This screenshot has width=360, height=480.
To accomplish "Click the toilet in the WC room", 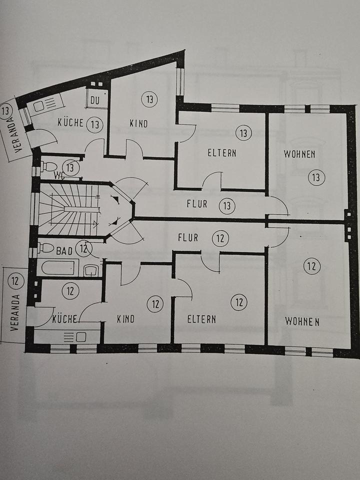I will point(48,166).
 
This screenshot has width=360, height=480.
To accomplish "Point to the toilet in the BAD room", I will point(45,247).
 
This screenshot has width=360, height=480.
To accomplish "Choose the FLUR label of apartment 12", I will point(187,238).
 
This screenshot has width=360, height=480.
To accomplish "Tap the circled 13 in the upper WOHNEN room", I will point(316,177).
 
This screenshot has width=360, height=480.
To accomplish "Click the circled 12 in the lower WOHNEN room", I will point(311,266).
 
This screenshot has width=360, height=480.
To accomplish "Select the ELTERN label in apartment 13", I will point(222,153).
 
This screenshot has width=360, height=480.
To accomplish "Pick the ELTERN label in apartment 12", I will point(201,319).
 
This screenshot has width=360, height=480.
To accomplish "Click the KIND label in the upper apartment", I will point(138,123).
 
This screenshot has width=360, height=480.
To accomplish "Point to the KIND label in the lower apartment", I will point(125,319).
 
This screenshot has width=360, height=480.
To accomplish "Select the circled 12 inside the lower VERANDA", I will point(15,280).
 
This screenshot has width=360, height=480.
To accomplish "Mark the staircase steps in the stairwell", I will point(67,208).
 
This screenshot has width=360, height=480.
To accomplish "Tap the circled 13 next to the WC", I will point(71,168).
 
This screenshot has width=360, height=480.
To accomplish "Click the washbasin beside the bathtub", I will point(91,270).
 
